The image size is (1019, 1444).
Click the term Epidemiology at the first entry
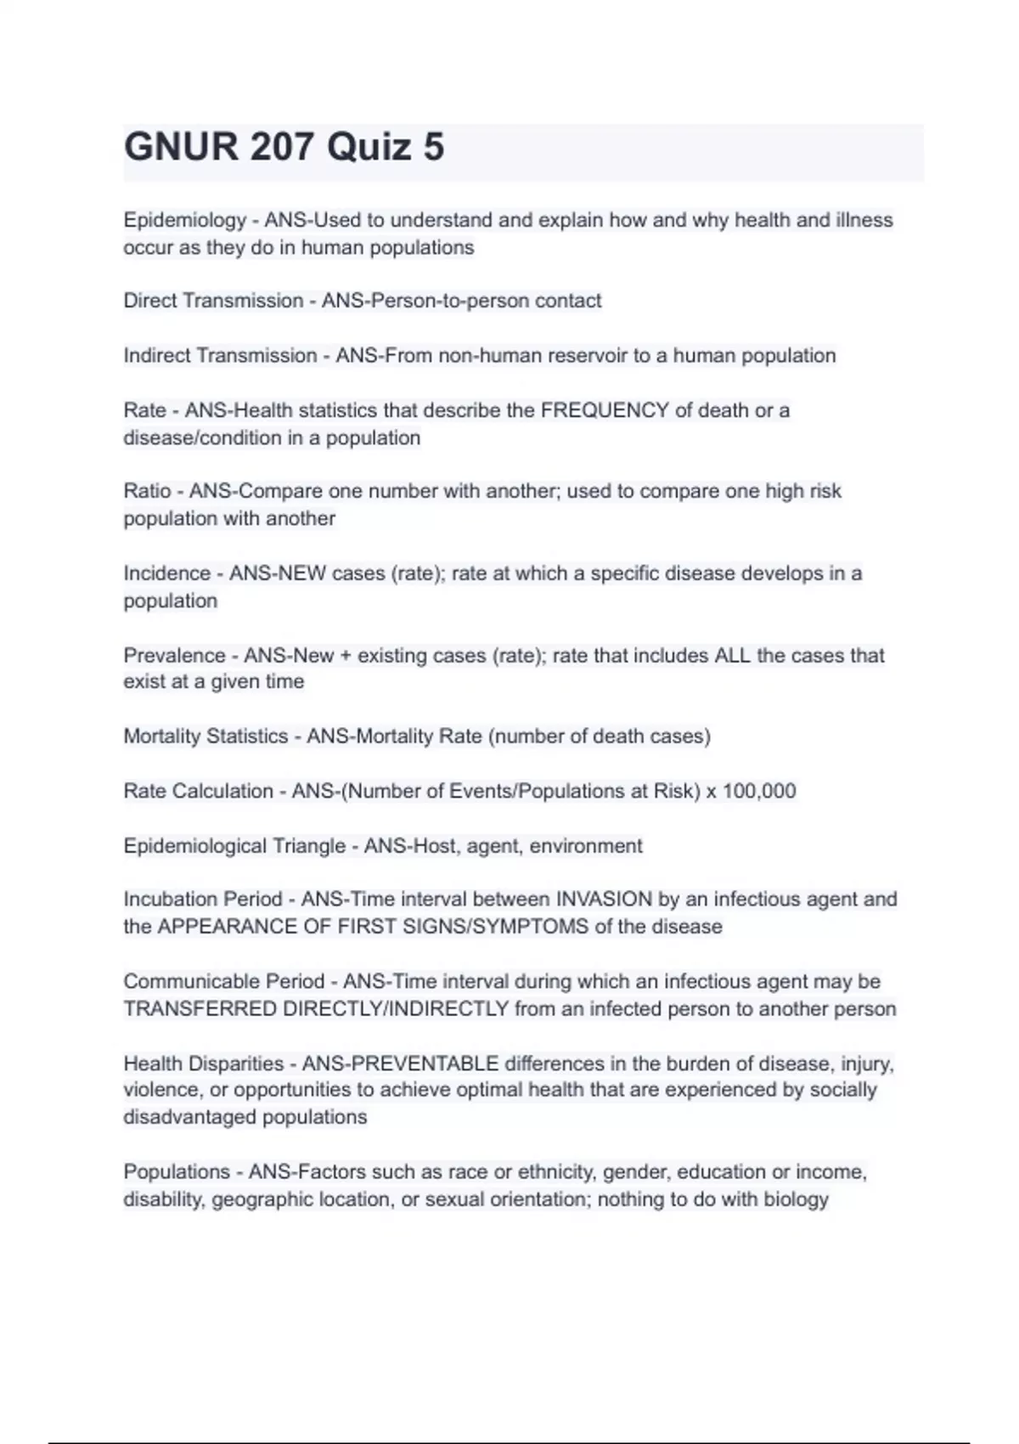click(x=184, y=220)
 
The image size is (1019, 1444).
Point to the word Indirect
click(x=156, y=355)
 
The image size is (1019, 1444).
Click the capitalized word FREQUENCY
click(x=605, y=410)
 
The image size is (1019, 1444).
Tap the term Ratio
click(x=147, y=491)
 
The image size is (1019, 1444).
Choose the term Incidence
click(x=166, y=573)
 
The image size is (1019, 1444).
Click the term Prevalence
click(x=174, y=656)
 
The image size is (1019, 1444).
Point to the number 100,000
click(x=759, y=791)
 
